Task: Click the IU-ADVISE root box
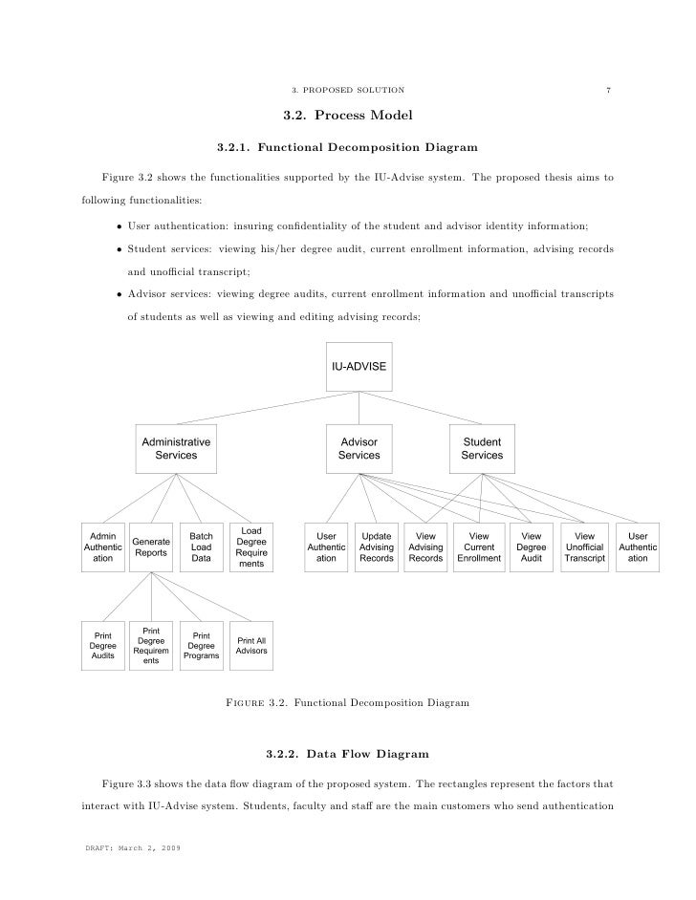359,366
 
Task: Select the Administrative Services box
176,449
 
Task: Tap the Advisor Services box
359,449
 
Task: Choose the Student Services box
482,449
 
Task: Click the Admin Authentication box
102,546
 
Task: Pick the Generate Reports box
151,546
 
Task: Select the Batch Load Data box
201,546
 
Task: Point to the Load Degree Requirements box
251,546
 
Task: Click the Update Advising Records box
376,546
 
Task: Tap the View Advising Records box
425,546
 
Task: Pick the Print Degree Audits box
102,647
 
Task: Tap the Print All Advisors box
251,647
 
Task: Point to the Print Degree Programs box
201,647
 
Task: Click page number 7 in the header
608,91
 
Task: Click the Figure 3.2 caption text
347,703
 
